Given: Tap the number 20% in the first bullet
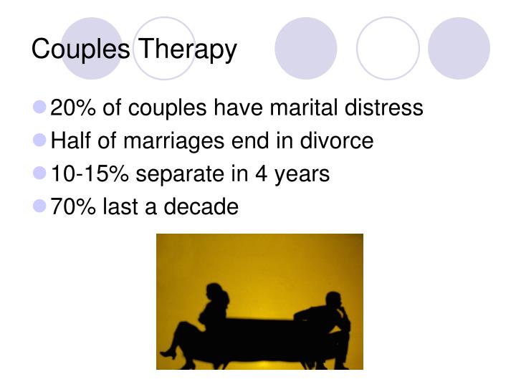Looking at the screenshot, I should (74, 108).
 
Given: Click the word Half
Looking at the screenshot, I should (69, 141).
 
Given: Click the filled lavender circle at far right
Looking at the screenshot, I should (459, 48).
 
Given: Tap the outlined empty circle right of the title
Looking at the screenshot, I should (387, 48).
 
